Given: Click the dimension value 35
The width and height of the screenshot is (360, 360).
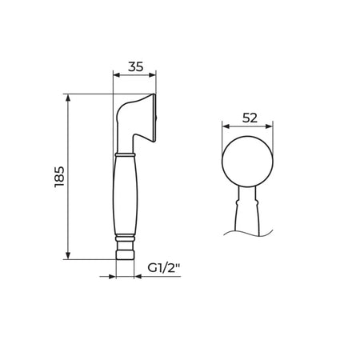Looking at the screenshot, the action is click(x=135, y=66).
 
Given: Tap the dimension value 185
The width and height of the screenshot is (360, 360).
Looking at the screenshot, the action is click(x=59, y=177).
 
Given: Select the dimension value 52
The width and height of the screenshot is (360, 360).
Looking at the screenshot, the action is click(x=250, y=118).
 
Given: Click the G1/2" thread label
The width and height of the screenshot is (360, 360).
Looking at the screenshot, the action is click(x=165, y=268).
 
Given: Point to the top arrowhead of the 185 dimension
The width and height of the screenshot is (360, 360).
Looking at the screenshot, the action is click(x=68, y=98).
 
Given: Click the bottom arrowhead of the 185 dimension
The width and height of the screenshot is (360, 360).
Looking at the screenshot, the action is click(x=68, y=255).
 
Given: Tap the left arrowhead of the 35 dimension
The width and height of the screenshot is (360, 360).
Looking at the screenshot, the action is click(x=117, y=75).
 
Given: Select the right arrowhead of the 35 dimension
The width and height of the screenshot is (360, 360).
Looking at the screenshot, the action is click(x=152, y=75).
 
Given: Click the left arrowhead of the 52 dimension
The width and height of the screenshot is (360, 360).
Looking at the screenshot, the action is click(x=226, y=126).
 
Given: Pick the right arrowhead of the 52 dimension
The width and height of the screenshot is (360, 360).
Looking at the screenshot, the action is click(x=269, y=126).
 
